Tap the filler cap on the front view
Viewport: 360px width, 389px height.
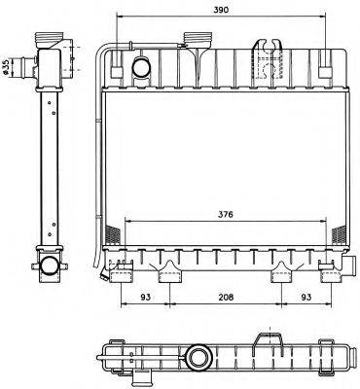click(198, 41)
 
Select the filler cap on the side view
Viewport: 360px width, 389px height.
click(48, 44)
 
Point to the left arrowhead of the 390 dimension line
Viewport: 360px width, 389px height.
click(119, 17)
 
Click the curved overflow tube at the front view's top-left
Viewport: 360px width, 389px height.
click(103, 58)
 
